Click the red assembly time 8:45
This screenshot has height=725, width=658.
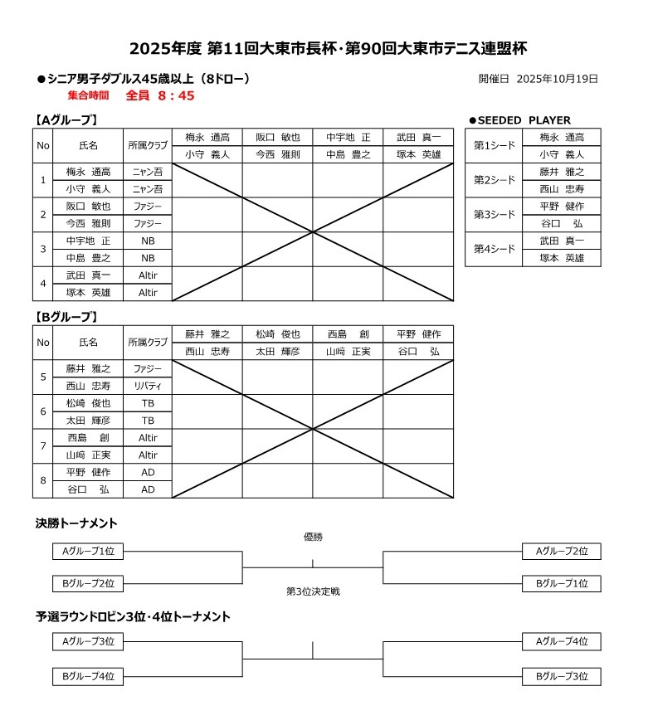(171, 95)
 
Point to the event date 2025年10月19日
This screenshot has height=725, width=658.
(557, 79)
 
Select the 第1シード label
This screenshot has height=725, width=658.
(494, 145)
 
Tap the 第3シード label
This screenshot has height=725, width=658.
(494, 214)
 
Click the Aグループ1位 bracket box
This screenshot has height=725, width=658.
(88, 552)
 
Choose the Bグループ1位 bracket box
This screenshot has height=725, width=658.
(561, 584)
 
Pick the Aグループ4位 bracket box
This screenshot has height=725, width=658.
(561, 641)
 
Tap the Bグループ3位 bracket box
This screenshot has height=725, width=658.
(561, 676)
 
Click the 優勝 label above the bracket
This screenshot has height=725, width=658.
(313, 537)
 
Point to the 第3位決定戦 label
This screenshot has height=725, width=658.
(313, 591)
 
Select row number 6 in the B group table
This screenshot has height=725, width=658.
(42, 411)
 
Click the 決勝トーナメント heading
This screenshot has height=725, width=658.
(76, 523)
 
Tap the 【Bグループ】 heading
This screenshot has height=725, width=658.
(67, 316)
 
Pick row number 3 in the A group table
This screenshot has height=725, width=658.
(42, 249)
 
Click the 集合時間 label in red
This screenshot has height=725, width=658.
(89, 96)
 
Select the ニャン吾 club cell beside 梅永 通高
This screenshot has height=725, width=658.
(148, 172)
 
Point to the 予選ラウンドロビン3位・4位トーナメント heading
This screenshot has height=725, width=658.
(133, 617)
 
